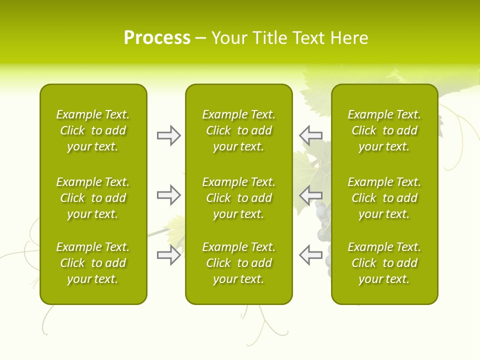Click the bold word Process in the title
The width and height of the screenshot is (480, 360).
(157, 38)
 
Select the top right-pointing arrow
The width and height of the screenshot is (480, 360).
(168, 135)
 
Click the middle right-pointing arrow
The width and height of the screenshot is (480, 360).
(168, 195)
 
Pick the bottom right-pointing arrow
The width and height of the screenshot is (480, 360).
(168, 255)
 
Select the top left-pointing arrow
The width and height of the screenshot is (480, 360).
(311, 135)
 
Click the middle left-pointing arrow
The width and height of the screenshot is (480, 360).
(311, 195)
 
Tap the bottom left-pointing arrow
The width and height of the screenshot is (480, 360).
(311, 255)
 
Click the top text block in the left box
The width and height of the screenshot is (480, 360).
(93, 130)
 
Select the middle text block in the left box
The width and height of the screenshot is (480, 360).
(93, 198)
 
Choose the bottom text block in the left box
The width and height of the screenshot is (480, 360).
(93, 263)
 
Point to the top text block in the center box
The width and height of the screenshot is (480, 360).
(239, 130)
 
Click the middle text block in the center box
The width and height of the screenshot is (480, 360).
(239, 198)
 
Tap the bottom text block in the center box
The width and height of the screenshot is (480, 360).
(239, 263)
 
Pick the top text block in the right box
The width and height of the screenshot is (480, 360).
(384, 130)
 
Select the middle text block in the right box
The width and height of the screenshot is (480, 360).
(384, 198)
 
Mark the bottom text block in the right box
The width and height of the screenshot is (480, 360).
(384, 263)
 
